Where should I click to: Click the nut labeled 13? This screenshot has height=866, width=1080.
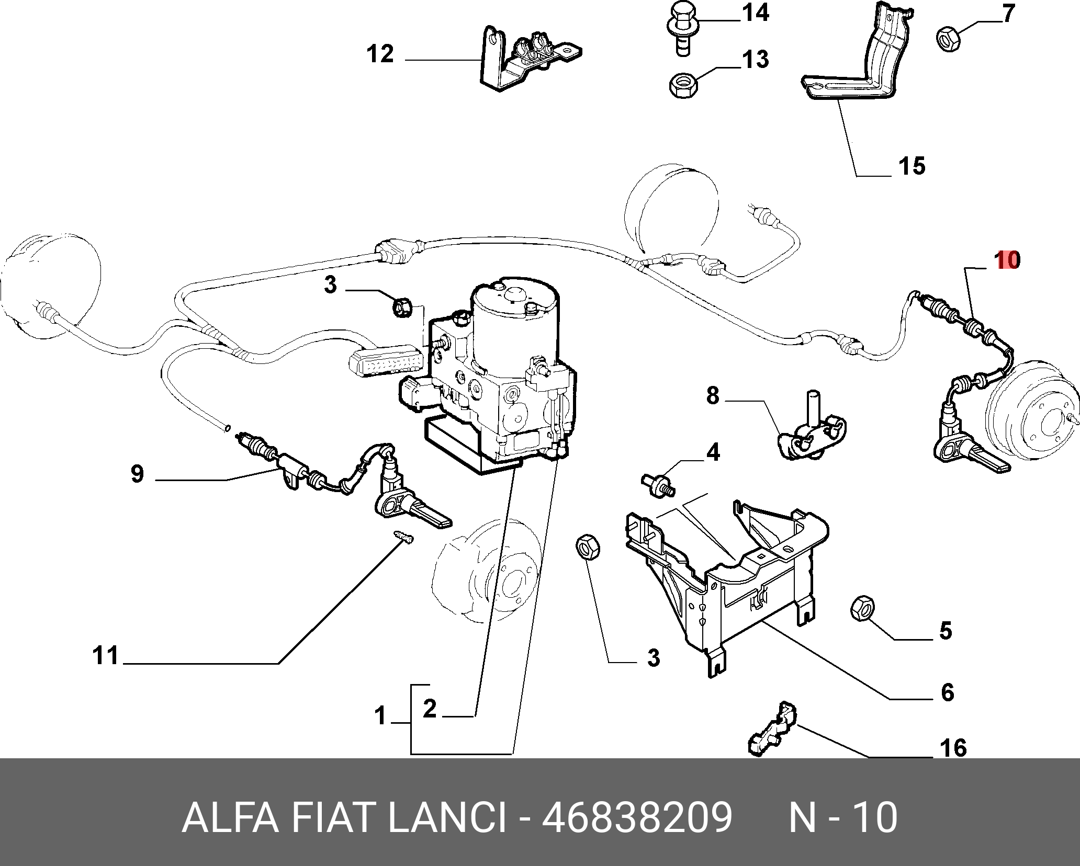[683, 85]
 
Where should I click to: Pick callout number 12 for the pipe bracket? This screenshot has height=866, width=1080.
[380, 54]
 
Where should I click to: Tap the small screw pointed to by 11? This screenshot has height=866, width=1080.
[403, 537]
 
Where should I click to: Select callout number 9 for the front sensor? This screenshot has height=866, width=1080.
[137, 474]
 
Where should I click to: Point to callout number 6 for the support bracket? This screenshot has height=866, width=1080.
[948, 692]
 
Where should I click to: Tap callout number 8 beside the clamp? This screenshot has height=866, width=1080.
[713, 396]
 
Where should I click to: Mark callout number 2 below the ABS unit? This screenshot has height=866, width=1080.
[429, 709]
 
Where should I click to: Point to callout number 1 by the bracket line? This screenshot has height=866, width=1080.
[380, 716]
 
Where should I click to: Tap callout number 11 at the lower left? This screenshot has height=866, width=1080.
[106, 655]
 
